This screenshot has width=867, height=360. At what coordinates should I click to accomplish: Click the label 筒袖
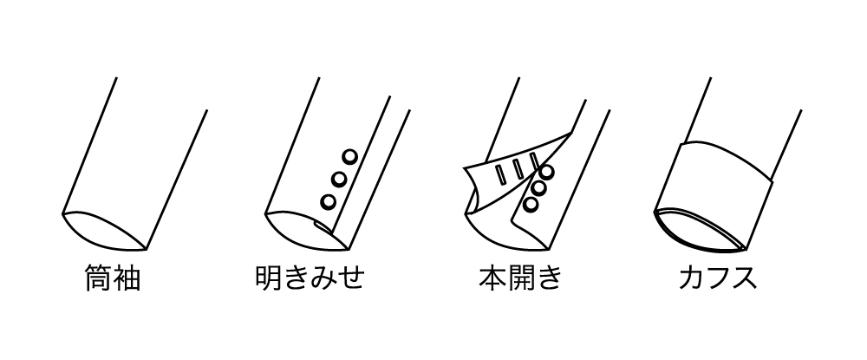click(x=113, y=277)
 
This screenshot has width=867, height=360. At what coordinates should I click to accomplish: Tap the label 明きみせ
click(x=310, y=277)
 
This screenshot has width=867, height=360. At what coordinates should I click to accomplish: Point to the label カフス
click(x=718, y=278)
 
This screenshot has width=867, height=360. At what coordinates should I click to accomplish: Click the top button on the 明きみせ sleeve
click(x=349, y=156)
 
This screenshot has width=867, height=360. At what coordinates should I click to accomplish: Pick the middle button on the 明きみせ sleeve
click(x=339, y=180)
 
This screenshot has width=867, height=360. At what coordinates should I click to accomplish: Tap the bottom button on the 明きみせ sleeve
click(x=329, y=201)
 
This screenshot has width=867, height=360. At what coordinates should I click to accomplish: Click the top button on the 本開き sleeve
click(x=547, y=172)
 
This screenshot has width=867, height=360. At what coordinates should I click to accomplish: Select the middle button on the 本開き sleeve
click(x=539, y=188)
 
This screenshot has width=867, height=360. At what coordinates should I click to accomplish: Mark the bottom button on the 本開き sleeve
click(x=531, y=205)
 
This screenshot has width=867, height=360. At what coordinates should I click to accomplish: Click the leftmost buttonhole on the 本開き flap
click(x=500, y=174)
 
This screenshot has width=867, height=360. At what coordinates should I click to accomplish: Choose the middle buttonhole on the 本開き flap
click(x=518, y=170)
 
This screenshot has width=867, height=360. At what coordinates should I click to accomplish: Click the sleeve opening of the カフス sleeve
click(x=700, y=229)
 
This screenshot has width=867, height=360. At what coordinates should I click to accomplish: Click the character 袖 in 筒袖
click(x=127, y=277)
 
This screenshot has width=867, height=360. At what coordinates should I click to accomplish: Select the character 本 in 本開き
click(x=492, y=277)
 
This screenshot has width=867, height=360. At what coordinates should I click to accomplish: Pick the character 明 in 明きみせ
click(x=269, y=277)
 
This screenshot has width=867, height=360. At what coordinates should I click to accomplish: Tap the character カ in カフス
click(x=691, y=278)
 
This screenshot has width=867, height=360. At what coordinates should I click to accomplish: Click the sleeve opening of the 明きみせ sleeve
click(x=306, y=231)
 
